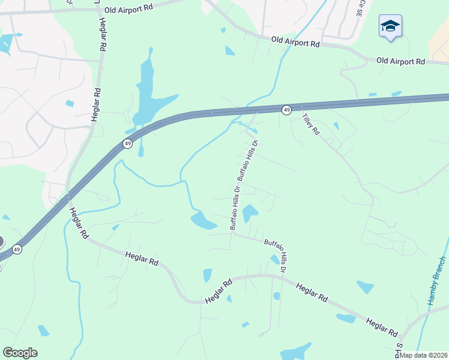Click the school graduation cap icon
pos(390,26)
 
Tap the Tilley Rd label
pos(310,124)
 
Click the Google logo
pos(20,353)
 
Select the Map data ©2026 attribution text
pos(423,355)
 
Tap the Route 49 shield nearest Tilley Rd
pos(287,110)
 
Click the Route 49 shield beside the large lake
pos(127,143)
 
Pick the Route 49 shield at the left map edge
pos(18,249)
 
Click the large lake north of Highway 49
pos(147,96)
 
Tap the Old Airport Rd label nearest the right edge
pos(400,61)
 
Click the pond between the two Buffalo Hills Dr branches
pos(250,212)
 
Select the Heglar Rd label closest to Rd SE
pos(382,328)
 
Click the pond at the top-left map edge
pos(6,42)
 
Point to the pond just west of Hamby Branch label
pos(364,287)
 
